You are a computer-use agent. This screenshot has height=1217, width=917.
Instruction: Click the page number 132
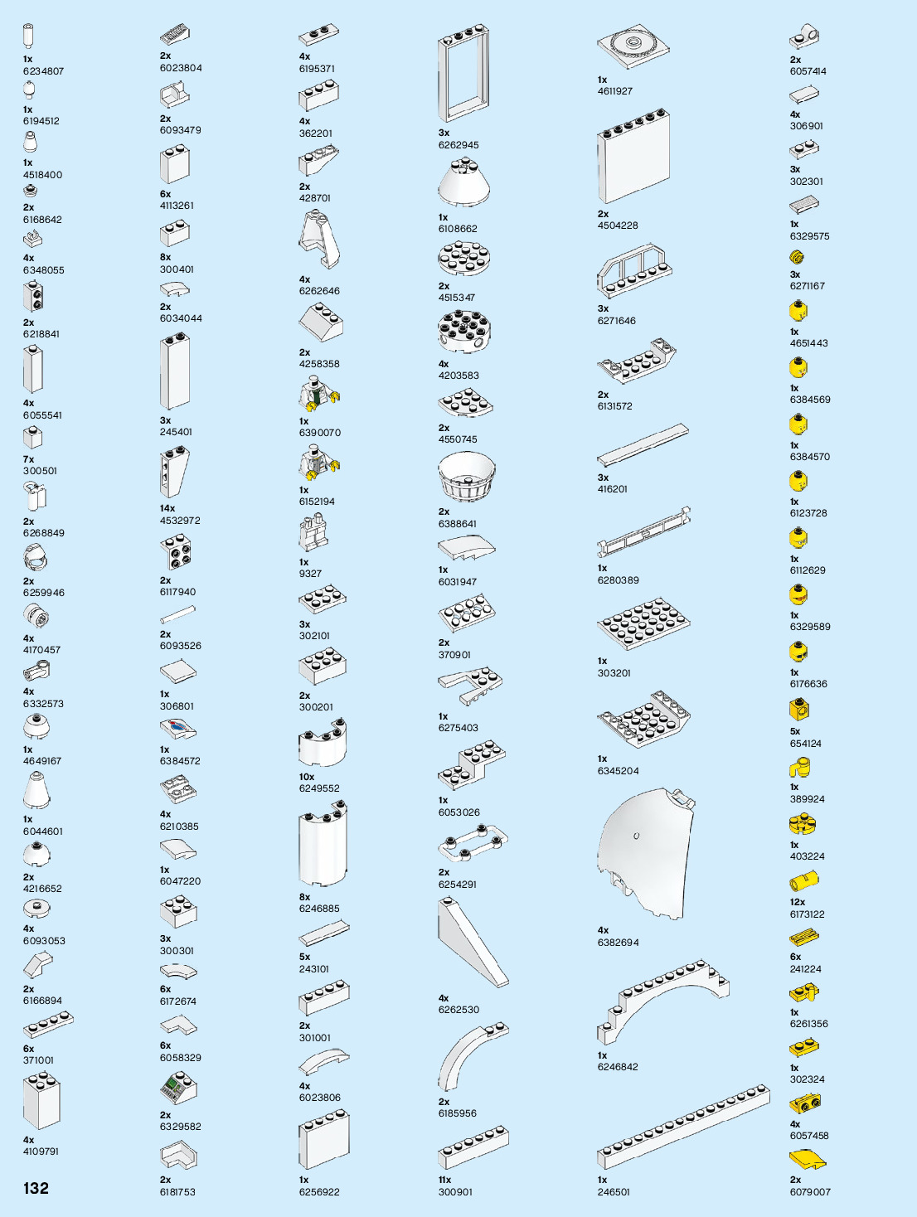click(36, 1188)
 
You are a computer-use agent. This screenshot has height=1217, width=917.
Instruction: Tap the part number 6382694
click(618, 943)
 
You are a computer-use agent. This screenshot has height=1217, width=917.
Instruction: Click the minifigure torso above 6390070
click(318, 395)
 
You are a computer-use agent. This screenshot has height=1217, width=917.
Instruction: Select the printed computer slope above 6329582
click(177, 1088)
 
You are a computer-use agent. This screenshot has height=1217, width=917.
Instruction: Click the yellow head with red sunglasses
click(798, 595)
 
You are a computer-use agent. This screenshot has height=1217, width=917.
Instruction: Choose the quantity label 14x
click(167, 508)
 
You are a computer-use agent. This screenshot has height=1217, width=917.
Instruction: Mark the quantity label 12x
click(797, 902)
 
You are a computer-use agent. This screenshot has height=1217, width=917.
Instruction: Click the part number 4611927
click(614, 91)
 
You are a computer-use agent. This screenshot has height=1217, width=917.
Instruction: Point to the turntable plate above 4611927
click(633, 46)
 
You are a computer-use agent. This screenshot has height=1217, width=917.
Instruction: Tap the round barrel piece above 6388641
click(466, 476)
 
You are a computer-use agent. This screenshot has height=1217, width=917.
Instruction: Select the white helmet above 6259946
click(36, 560)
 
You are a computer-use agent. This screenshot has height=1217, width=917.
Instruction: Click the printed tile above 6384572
click(177, 730)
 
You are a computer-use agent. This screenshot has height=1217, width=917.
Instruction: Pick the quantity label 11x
click(444, 1180)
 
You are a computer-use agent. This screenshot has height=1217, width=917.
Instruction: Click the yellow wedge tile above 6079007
click(807, 1159)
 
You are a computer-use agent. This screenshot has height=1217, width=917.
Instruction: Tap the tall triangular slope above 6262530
click(470, 943)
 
